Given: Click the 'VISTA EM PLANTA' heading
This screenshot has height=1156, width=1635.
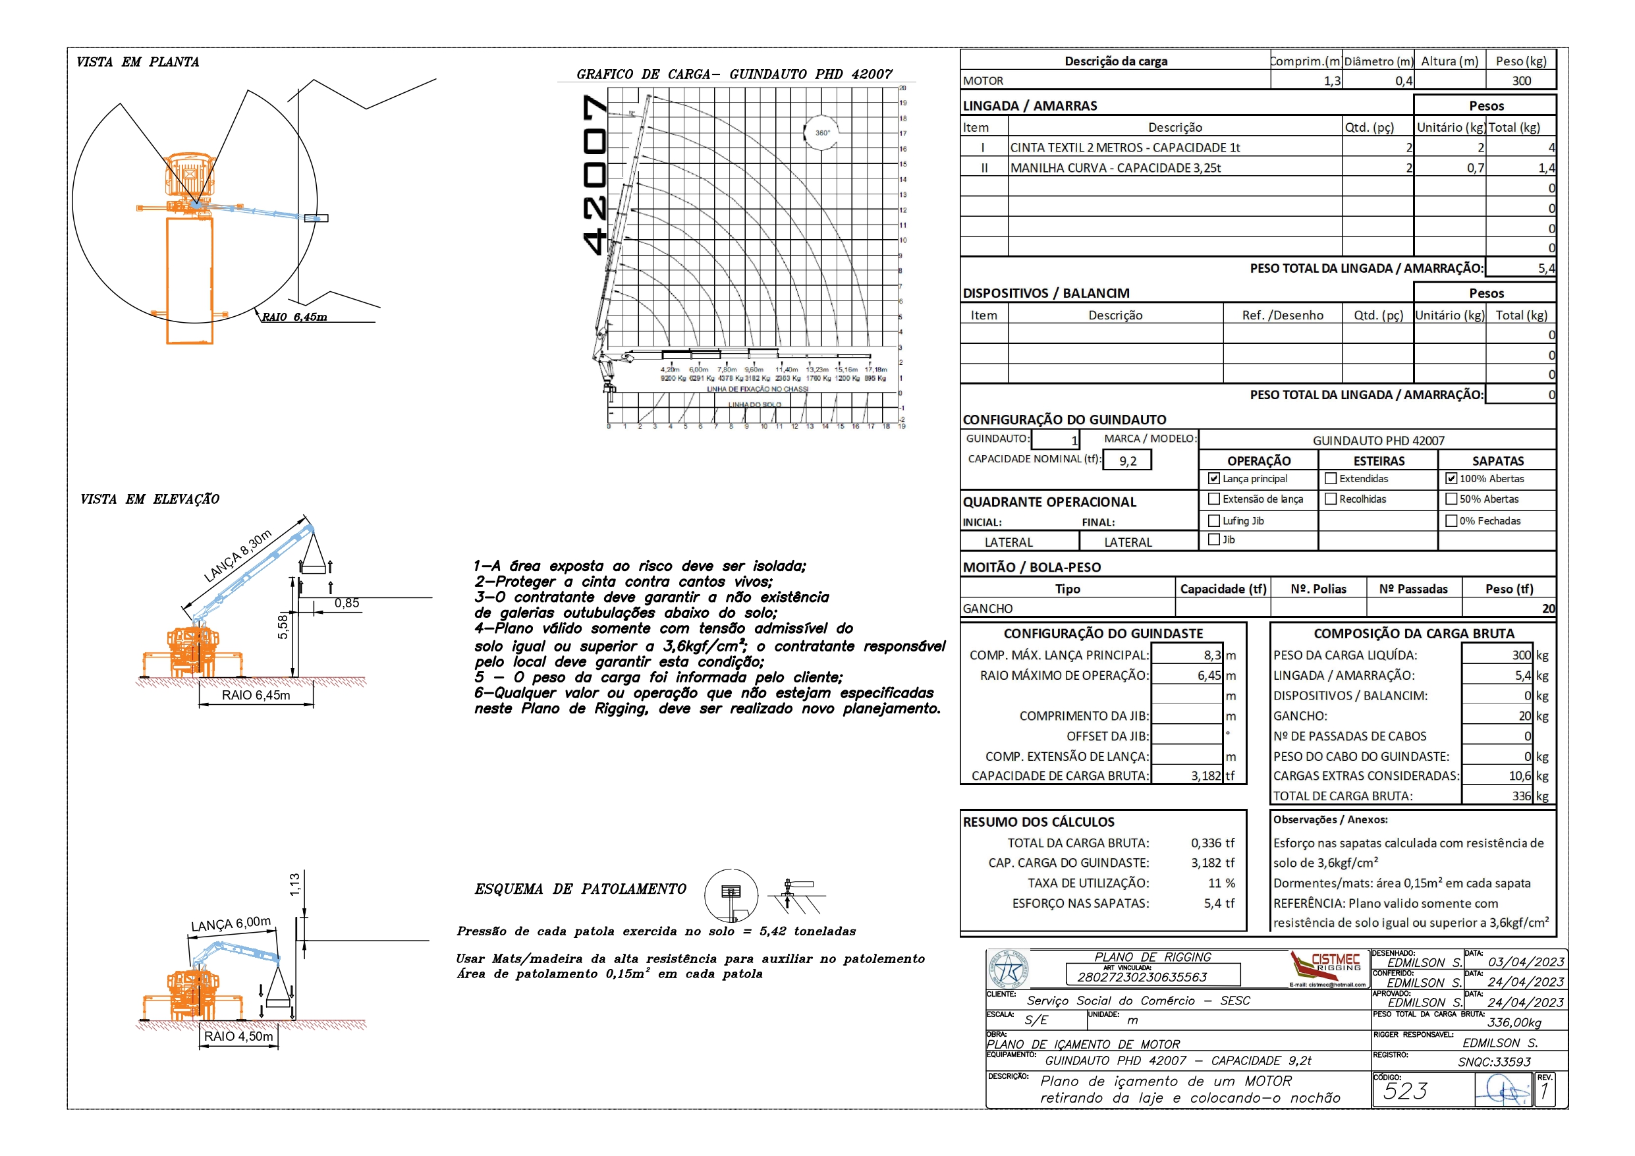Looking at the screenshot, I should (x=138, y=62).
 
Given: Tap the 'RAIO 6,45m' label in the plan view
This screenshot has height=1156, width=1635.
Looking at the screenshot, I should (x=294, y=317).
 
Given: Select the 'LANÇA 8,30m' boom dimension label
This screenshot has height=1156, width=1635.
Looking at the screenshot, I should (x=238, y=555).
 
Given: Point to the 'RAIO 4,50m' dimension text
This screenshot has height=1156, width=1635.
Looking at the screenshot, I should (x=238, y=1036).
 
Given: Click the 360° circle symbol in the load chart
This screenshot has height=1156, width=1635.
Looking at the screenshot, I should (x=821, y=132).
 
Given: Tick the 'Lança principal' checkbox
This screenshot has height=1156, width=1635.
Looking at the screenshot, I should (x=1214, y=479).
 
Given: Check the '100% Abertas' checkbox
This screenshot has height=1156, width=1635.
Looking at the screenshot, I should (x=1451, y=479).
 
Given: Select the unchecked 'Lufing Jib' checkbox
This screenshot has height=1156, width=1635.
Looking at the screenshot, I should (x=1214, y=520).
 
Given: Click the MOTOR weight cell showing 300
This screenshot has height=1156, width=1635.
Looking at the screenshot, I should (x=1521, y=80).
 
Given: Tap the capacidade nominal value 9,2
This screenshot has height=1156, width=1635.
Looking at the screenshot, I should (x=1127, y=461).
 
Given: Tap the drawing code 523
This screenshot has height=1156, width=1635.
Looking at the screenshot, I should (x=1405, y=1091).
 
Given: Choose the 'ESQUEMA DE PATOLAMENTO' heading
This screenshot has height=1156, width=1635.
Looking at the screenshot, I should (x=580, y=889).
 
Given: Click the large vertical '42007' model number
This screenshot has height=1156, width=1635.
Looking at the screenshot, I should (x=594, y=175).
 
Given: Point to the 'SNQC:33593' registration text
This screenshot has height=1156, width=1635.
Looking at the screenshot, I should (x=1493, y=1062).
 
